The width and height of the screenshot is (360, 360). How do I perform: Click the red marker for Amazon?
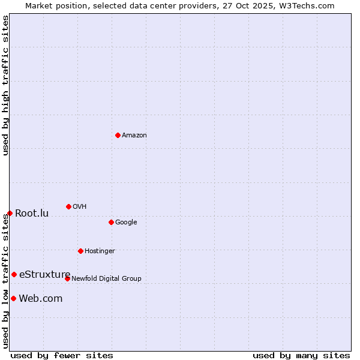pos(118,135)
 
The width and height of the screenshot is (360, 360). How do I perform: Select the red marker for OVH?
pos(68,206)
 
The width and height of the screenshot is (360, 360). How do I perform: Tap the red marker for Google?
pos(111,222)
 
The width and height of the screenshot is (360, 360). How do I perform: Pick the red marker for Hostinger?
pos(80,251)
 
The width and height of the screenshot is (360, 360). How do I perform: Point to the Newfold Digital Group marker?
pos(67,278)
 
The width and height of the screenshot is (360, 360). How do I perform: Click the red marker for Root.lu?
pos(10,213)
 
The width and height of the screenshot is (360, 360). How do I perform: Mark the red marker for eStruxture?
pos(14,274)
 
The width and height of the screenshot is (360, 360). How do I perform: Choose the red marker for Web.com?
pos(13,298)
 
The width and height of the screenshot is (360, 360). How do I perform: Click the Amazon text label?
pos(134,135)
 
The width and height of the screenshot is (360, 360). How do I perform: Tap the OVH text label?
pos(80,206)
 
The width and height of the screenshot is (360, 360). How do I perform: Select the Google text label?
pos(126,222)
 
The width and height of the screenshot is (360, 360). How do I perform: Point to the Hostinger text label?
pos(100,251)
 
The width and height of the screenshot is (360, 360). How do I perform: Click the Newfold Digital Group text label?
pos(106,278)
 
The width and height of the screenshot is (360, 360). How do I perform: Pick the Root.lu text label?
pos(32,213)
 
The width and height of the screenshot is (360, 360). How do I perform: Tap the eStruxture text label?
pos(45,274)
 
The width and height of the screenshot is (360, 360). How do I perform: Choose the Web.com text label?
pos(41,298)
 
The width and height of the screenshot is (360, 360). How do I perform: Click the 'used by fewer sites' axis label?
pos(62,355)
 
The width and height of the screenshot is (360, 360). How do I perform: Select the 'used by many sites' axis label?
pos(301,355)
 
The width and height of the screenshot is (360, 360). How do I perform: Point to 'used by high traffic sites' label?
pos(5,85)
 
